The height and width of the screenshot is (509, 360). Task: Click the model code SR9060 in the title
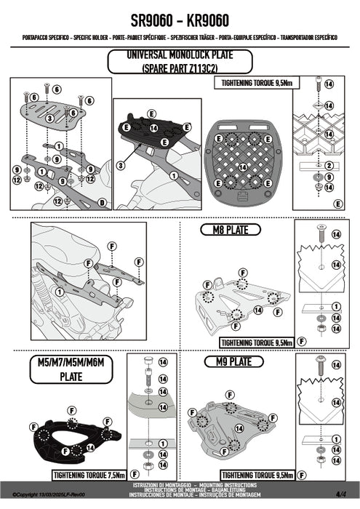(151, 21)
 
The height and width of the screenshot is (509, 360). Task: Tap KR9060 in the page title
(208, 21)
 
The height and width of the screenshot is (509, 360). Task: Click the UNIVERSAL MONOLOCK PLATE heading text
(180, 55)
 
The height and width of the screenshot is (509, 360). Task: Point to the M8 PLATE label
(231, 230)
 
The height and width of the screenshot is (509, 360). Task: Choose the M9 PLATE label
(233, 361)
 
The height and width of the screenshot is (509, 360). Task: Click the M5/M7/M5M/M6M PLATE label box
(71, 369)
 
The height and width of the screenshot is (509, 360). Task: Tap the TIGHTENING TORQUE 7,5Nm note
(89, 476)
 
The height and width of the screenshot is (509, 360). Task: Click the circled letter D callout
(103, 203)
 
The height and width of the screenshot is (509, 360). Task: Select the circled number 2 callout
(329, 166)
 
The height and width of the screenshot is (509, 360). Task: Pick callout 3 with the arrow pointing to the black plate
(121, 166)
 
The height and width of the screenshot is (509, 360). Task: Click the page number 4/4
(341, 494)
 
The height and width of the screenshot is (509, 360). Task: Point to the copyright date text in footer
(49, 494)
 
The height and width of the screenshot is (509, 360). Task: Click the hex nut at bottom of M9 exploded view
(321, 460)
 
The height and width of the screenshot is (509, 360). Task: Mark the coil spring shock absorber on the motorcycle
(42, 284)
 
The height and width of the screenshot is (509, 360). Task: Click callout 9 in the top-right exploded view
(329, 177)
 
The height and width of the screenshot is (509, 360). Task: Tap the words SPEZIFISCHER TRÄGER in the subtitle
(193, 38)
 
